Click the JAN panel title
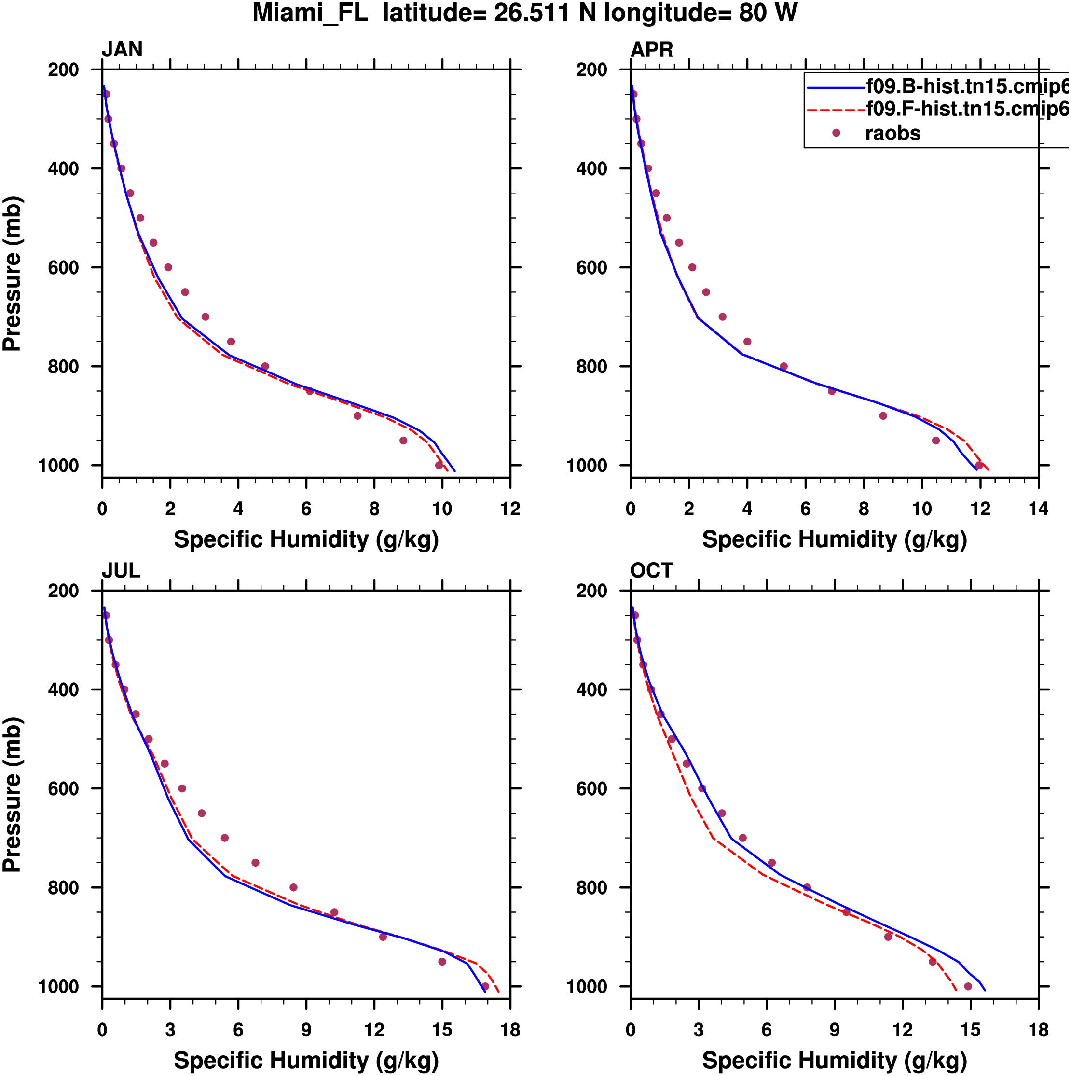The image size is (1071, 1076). coord(122,50)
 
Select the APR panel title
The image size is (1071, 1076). coord(652,50)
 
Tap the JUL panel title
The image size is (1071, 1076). coord(121,570)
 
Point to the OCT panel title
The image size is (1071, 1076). coord(651,570)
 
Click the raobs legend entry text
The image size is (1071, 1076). coord(893,134)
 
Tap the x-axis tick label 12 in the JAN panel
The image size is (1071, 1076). coord(510,509)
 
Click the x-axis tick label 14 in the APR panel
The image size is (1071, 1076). coord(1039,509)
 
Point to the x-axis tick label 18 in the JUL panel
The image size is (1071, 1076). coord(510,1030)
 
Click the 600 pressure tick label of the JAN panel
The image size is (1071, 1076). coord(64,268)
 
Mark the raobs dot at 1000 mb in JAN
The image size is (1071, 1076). coord(439,466)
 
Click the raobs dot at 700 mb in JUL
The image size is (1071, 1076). coord(225,838)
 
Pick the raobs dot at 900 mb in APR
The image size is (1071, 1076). coord(883,416)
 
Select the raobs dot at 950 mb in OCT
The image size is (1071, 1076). coord(933,962)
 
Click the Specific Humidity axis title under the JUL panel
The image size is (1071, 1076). coord(306,1061)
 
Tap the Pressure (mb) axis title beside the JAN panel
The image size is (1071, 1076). coord(12,273)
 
